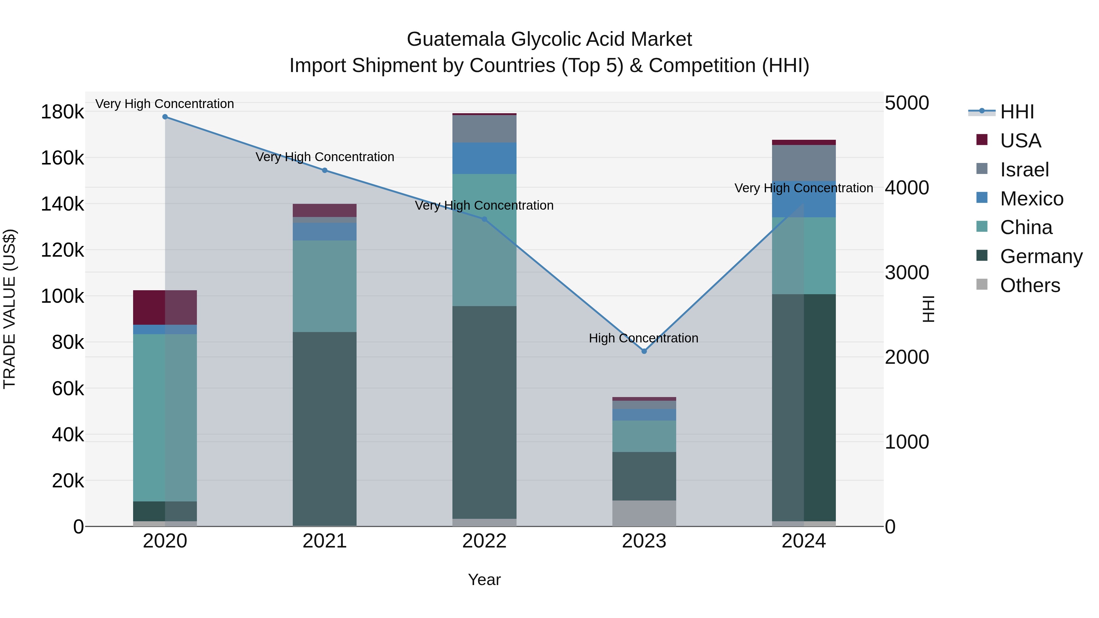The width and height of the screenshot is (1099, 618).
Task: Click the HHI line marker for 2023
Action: (644, 351)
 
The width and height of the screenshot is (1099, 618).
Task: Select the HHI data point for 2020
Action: (165, 117)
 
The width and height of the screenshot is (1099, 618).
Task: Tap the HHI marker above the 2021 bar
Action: (325, 170)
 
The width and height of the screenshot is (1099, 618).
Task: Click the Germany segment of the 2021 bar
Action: (325, 429)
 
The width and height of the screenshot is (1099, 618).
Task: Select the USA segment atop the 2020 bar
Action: (165, 308)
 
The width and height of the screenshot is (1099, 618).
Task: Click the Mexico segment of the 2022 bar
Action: (484, 158)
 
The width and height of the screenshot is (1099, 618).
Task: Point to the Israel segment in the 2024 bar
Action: (804, 163)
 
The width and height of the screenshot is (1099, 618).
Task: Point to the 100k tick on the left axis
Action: (62, 296)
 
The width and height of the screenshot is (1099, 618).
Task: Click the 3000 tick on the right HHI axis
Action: (907, 273)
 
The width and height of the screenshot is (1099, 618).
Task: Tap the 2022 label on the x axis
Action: (484, 541)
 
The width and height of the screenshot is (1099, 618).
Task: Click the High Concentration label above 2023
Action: (643, 338)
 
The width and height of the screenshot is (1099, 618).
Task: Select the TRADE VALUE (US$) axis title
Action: (9, 309)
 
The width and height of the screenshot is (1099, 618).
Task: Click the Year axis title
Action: (484, 580)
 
